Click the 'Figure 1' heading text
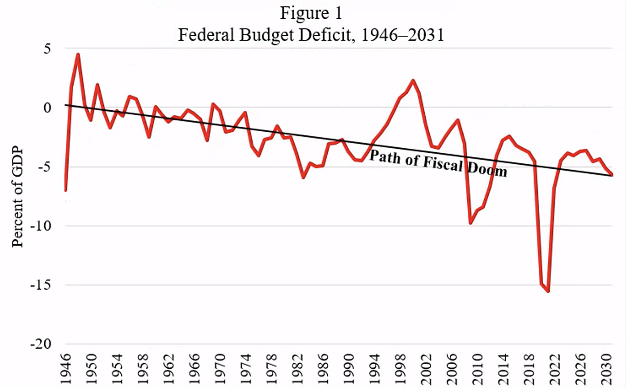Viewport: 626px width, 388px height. [311, 13]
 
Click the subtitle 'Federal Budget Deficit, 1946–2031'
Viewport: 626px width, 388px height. [311, 34]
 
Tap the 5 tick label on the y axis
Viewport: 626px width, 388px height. [47, 48]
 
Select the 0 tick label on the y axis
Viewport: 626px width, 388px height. [47, 108]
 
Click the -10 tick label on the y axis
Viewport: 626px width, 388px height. [41, 226]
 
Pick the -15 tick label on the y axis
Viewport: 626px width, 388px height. [41, 285]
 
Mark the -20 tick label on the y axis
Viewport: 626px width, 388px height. [41, 344]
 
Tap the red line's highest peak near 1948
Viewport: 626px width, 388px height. [78, 54]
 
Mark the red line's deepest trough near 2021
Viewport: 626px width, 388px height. [548, 291]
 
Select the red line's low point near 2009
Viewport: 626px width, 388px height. [470, 222]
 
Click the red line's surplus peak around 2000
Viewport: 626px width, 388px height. [413, 81]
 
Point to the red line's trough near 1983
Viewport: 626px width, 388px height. [303, 177]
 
